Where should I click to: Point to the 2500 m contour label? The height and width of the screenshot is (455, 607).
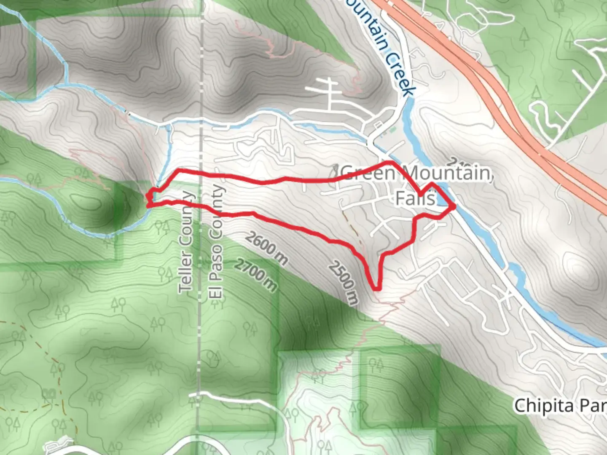point(344,282)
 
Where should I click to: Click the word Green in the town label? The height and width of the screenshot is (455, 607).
point(368,173)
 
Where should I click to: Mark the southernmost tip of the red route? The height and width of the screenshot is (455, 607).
point(376,289)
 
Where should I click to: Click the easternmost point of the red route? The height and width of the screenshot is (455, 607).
point(454,206)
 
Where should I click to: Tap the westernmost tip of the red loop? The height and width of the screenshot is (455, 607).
point(148,196)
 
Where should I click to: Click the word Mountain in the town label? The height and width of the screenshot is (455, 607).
point(447,173)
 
